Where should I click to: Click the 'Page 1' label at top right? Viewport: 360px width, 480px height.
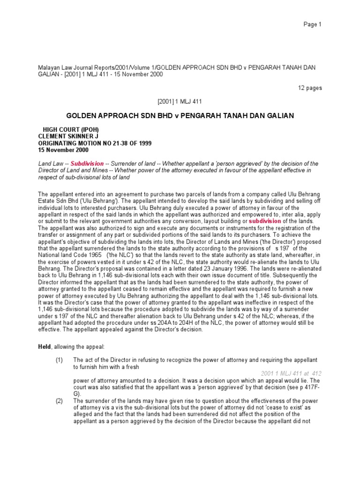click(x=312, y=24)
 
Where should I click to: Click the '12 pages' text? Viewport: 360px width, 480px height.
click(x=310, y=88)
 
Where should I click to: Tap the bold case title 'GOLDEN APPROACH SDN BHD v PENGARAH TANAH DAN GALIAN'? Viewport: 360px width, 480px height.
click(x=180, y=116)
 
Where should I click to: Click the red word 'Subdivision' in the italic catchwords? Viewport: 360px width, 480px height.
click(x=87, y=164)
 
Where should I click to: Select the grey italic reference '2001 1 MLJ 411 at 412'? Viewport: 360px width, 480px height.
click(x=291, y=373)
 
